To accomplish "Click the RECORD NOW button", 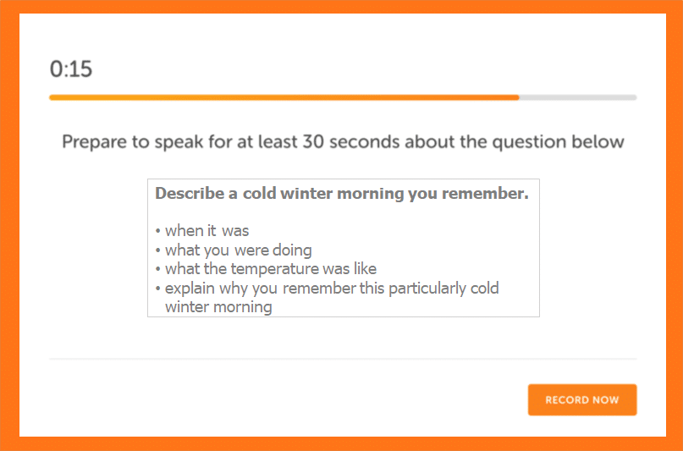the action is click(582, 399).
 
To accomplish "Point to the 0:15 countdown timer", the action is click(71, 69).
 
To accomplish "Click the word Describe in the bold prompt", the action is click(190, 193).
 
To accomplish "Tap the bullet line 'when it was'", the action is click(202, 231).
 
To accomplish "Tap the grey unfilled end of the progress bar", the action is click(578, 97).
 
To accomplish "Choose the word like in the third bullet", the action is click(365, 269).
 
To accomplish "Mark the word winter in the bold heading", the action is click(306, 193).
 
